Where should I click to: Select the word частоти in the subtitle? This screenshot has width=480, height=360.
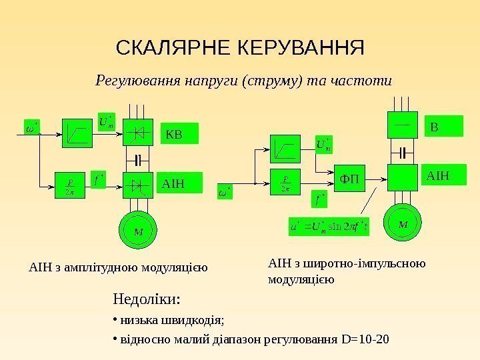pyautogui.click(x=366, y=81)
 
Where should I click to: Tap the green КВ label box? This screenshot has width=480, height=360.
pyautogui.click(x=181, y=135)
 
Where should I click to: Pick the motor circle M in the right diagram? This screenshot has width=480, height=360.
pyautogui.click(x=403, y=223)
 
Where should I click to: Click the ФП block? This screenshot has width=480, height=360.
pyautogui.click(x=349, y=179)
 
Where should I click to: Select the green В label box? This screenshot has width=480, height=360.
pyautogui.click(x=443, y=127)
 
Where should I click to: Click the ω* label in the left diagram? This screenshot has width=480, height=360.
pyautogui.click(x=31, y=125)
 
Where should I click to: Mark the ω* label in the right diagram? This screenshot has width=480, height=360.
pyautogui.click(x=225, y=193)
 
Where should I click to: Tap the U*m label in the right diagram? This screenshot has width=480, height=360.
pyautogui.click(x=324, y=143)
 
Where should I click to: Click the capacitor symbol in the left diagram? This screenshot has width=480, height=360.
pyautogui.click(x=138, y=160)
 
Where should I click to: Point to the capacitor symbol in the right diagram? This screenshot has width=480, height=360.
pyautogui.click(x=403, y=150)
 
